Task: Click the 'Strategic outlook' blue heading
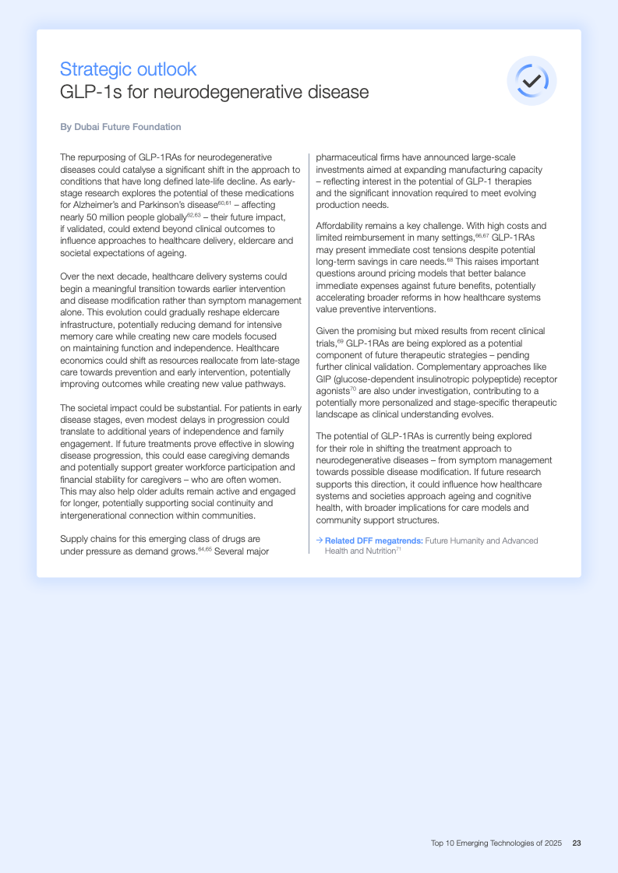click(128, 69)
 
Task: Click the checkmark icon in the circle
click(531, 80)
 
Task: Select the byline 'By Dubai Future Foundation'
click(120, 127)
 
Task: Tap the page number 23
click(577, 843)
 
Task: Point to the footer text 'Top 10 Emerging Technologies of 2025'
click(496, 843)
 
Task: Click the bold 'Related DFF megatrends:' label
click(374, 540)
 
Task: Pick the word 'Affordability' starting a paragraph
click(340, 226)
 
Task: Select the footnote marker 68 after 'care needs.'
click(450, 260)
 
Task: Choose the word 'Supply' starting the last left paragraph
click(74, 538)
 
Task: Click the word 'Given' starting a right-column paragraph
click(328, 331)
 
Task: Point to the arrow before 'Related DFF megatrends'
click(320, 540)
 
